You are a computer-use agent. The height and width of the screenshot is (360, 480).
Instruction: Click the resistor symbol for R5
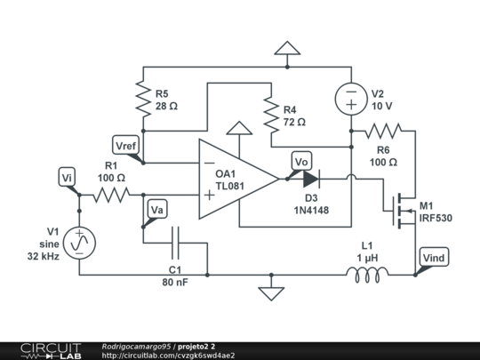tap(143, 99)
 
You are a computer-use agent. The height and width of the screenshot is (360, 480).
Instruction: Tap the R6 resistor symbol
tap(383, 130)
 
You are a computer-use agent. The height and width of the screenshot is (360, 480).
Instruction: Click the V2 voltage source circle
tap(351, 97)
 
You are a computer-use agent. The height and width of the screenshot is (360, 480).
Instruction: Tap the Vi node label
tap(68, 179)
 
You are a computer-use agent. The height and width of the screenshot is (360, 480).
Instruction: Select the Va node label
tap(156, 210)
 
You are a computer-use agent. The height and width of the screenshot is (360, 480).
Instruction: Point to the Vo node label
tap(301, 161)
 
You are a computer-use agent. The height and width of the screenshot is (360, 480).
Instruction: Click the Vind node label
tap(433, 258)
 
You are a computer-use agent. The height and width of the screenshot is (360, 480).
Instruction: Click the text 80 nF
tap(174, 284)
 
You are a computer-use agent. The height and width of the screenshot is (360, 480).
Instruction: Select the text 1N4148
tap(311, 212)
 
